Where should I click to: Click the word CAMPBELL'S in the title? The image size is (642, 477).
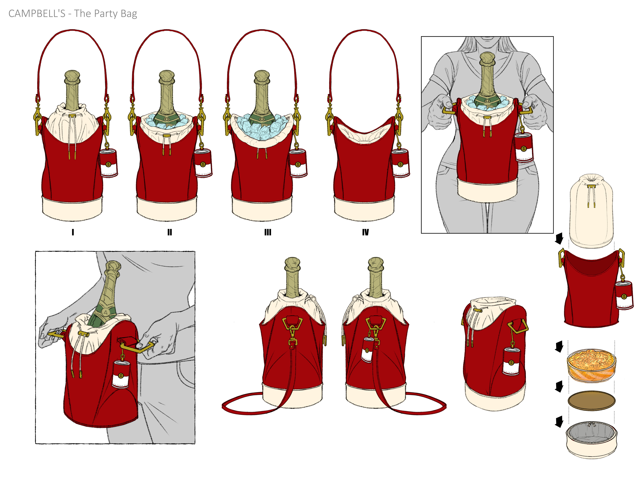[37, 14]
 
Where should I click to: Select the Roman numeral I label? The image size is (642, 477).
[73, 232]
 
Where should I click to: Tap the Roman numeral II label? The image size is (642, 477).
[169, 232]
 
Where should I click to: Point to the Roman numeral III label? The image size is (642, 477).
[268, 232]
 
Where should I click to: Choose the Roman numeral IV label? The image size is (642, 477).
[365, 232]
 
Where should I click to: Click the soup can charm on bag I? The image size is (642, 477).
[109, 163]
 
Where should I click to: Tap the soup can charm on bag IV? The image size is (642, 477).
[401, 163]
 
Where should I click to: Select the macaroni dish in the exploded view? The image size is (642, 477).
[591, 365]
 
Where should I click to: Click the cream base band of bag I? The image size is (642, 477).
[72, 208]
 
